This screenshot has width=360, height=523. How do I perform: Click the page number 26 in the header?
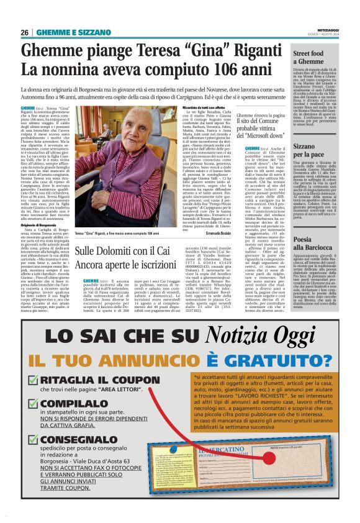[x=25, y=32]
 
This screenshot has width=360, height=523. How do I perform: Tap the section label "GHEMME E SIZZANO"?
[x=65, y=32]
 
